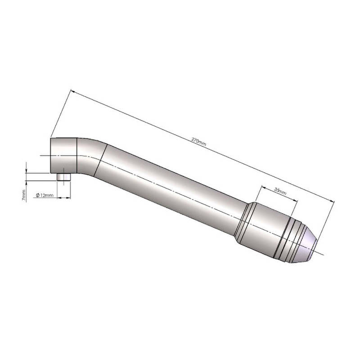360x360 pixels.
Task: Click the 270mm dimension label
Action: point(198,142)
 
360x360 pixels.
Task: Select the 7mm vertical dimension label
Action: point(24,195)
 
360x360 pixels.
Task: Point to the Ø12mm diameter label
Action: point(45,195)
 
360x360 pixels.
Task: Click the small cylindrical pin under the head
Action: point(63,177)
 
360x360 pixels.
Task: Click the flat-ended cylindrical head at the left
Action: point(63,156)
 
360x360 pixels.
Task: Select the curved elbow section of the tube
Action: point(91,157)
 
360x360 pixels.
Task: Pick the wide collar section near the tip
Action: point(264,229)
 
